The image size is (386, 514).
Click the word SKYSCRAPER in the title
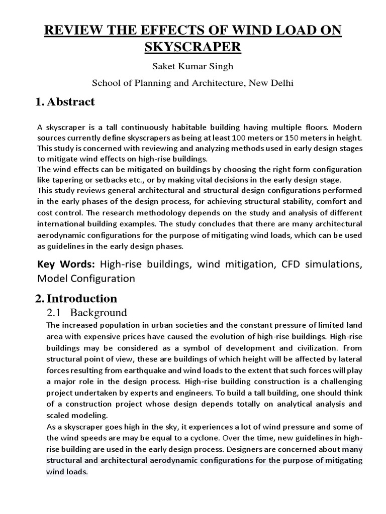click(192, 47)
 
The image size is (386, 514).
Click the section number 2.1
click(54, 313)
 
